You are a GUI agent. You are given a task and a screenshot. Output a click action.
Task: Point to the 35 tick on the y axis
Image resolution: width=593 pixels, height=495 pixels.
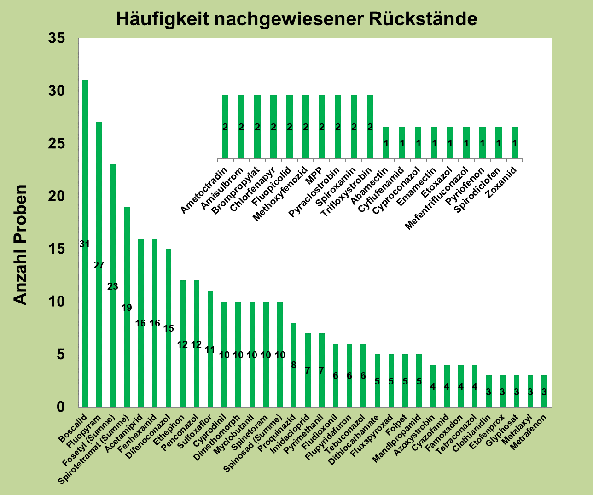click(x=58, y=39)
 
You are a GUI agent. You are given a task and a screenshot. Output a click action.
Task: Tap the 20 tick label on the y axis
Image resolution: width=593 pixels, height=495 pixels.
click(x=58, y=197)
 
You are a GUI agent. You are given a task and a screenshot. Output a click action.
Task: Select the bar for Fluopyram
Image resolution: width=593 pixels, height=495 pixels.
click(x=99, y=264)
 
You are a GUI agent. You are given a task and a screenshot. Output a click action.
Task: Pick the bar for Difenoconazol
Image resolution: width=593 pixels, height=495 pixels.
click(x=169, y=328)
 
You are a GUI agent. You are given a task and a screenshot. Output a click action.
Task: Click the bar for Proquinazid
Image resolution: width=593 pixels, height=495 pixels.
click(x=294, y=365)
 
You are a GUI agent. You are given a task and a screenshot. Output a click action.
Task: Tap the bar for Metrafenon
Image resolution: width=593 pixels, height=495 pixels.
click(x=544, y=391)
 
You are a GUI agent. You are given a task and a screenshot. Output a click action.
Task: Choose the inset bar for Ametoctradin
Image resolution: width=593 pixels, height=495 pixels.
click(x=225, y=127)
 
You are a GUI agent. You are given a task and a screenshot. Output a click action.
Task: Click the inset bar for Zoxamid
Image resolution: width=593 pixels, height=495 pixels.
click(x=515, y=143)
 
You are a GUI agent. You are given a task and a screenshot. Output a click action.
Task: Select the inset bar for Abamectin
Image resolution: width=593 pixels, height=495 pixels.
click(x=386, y=143)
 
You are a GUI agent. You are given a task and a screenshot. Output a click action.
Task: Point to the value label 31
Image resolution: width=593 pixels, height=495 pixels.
click(x=84, y=244)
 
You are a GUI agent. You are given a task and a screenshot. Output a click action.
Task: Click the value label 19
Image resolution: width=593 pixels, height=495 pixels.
click(x=127, y=308)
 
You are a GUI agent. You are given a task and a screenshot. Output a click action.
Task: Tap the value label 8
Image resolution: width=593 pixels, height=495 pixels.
click(x=294, y=365)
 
